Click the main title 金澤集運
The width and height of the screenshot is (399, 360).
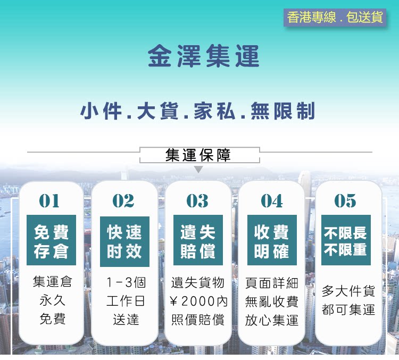pyautogui.click(x=204, y=56)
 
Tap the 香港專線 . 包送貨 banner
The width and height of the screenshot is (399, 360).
pyautogui.click(x=335, y=18)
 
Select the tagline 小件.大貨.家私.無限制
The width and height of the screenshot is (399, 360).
pyautogui.click(x=198, y=111)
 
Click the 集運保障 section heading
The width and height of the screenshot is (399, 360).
pyautogui.click(x=198, y=155)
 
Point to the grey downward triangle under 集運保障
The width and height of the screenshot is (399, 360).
pyautogui.click(x=198, y=169)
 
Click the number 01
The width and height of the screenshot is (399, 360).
pyautogui.click(x=49, y=200)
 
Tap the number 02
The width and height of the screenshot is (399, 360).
pyautogui.click(x=123, y=200)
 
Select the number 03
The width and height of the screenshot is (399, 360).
pyautogui.click(x=197, y=200)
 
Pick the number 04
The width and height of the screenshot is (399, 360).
pyautogui.click(x=272, y=200)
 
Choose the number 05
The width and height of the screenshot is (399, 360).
pyautogui.click(x=345, y=200)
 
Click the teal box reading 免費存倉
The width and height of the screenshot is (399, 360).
pyautogui.click(x=52, y=240)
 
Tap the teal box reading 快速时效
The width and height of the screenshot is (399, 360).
pyautogui.click(x=124, y=241)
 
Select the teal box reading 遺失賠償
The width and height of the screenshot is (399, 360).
pyautogui.click(x=198, y=240)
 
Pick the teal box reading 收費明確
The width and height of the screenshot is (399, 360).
pyautogui.click(x=272, y=240)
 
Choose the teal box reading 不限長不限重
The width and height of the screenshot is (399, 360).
pyautogui.click(x=346, y=240)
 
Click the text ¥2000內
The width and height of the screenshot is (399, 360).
pyautogui.click(x=198, y=302)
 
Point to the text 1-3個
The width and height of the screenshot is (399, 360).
pyautogui.click(x=126, y=282)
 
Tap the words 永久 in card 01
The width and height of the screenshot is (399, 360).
pyautogui.click(x=53, y=300)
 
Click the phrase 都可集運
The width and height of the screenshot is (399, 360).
pyautogui.click(x=348, y=309)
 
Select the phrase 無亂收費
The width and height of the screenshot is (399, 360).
pyautogui.click(x=272, y=302)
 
